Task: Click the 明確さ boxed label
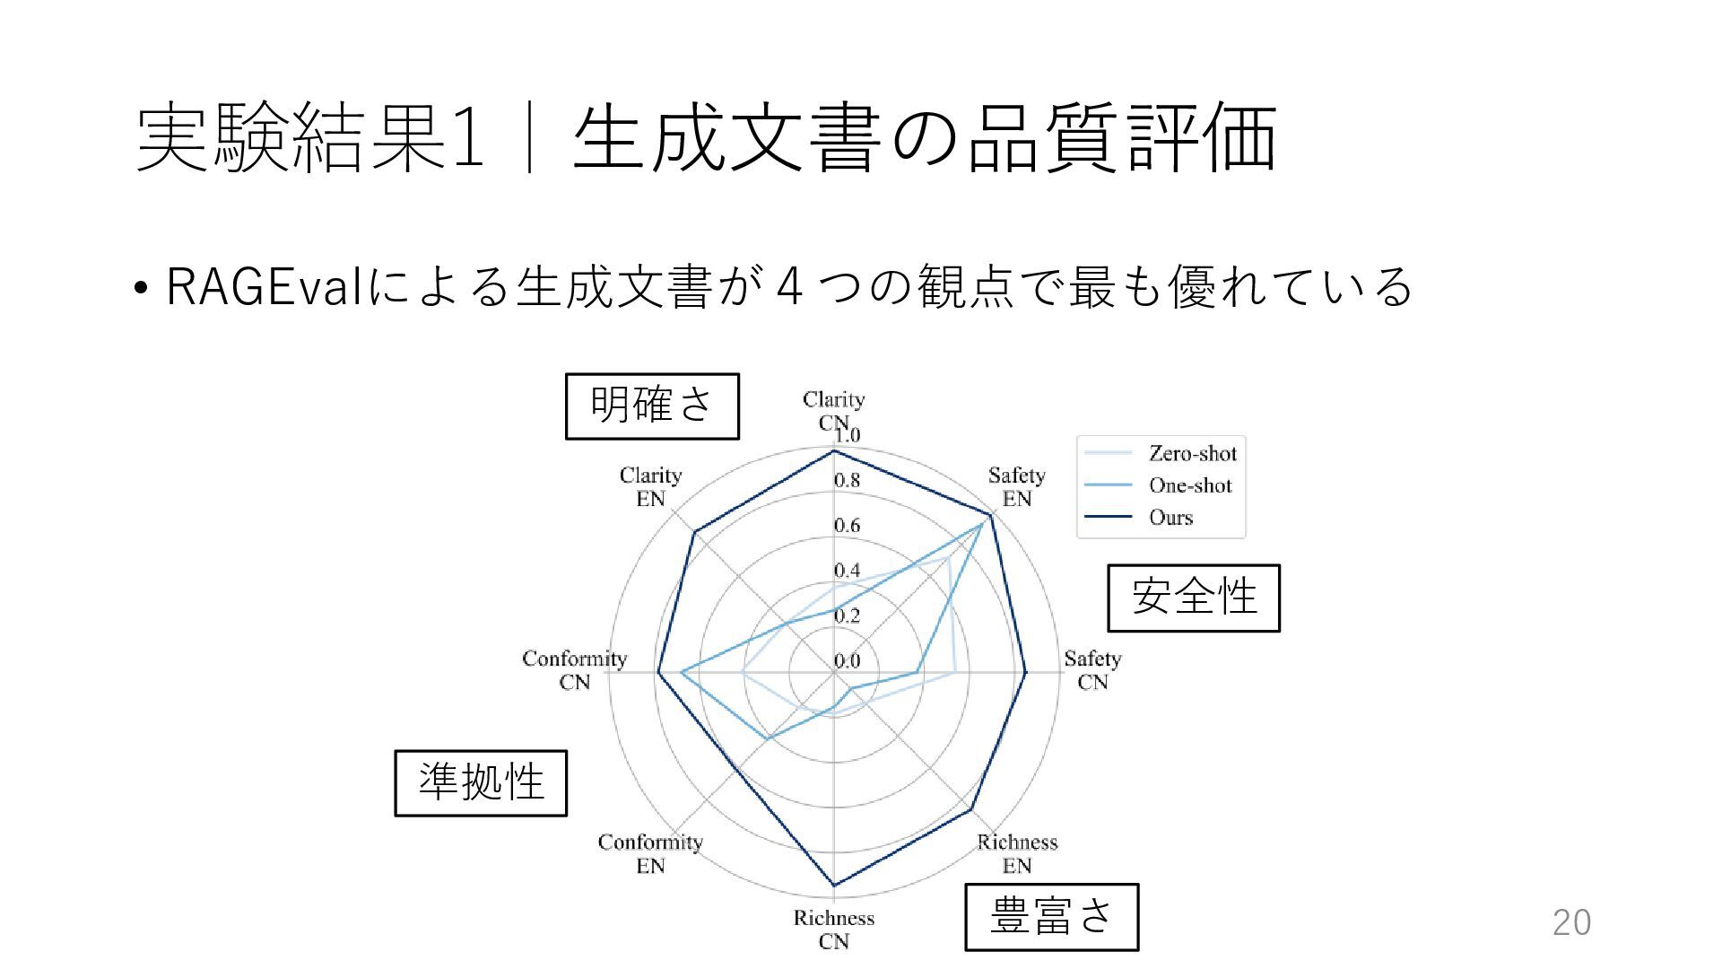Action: [x=652, y=406]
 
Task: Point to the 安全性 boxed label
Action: [x=1193, y=598]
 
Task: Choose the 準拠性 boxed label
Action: [x=481, y=782]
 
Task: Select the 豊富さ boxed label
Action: [x=1051, y=916]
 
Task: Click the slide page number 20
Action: [x=1571, y=922]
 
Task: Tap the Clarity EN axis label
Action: [x=650, y=486]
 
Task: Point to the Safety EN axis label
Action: [x=1016, y=486]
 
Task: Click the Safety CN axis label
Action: [x=1092, y=670]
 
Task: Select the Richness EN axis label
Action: [x=1017, y=853]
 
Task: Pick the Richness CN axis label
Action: [x=833, y=929]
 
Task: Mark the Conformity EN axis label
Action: [x=650, y=853]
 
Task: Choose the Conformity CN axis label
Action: [x=574, y=670]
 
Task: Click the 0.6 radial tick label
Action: [x=847, y=526]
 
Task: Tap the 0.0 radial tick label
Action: [x=847, y=661]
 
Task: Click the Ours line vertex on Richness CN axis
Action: [x=834, y=886]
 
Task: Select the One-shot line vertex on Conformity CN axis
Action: [x=682, y=672]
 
